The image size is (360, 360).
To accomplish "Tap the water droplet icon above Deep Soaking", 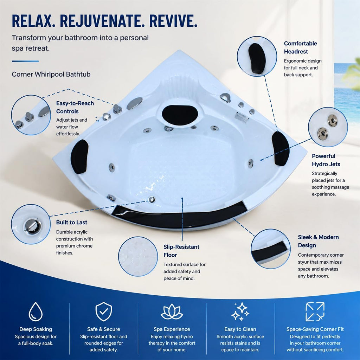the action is tap(36, 311).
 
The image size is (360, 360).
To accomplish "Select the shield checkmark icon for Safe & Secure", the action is tap(104, 311).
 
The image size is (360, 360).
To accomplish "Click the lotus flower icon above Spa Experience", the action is tap(172, 311).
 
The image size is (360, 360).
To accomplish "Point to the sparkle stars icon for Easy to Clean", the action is tap(240, 311).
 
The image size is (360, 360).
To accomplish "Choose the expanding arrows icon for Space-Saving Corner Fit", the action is tap(315, 311).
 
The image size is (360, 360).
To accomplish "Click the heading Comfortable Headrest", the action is tap(300, 47).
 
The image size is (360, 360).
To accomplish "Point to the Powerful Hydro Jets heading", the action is tap(326, 160).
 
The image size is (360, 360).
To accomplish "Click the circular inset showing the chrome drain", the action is tap(31, 224).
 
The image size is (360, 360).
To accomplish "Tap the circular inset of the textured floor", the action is tap(138, 256).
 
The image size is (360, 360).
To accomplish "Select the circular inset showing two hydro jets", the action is tap(328, 127).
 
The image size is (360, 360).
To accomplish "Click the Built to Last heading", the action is tap(72, 222).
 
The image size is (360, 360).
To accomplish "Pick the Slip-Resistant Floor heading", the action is tap(181, 251).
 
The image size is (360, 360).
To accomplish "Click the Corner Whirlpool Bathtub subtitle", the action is tap(51, 74).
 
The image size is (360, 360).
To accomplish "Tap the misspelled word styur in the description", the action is tap(303, 262).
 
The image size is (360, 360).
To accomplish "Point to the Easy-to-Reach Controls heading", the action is tap(75, 107).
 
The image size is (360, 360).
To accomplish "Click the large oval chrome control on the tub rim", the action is tap(135, 103).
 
